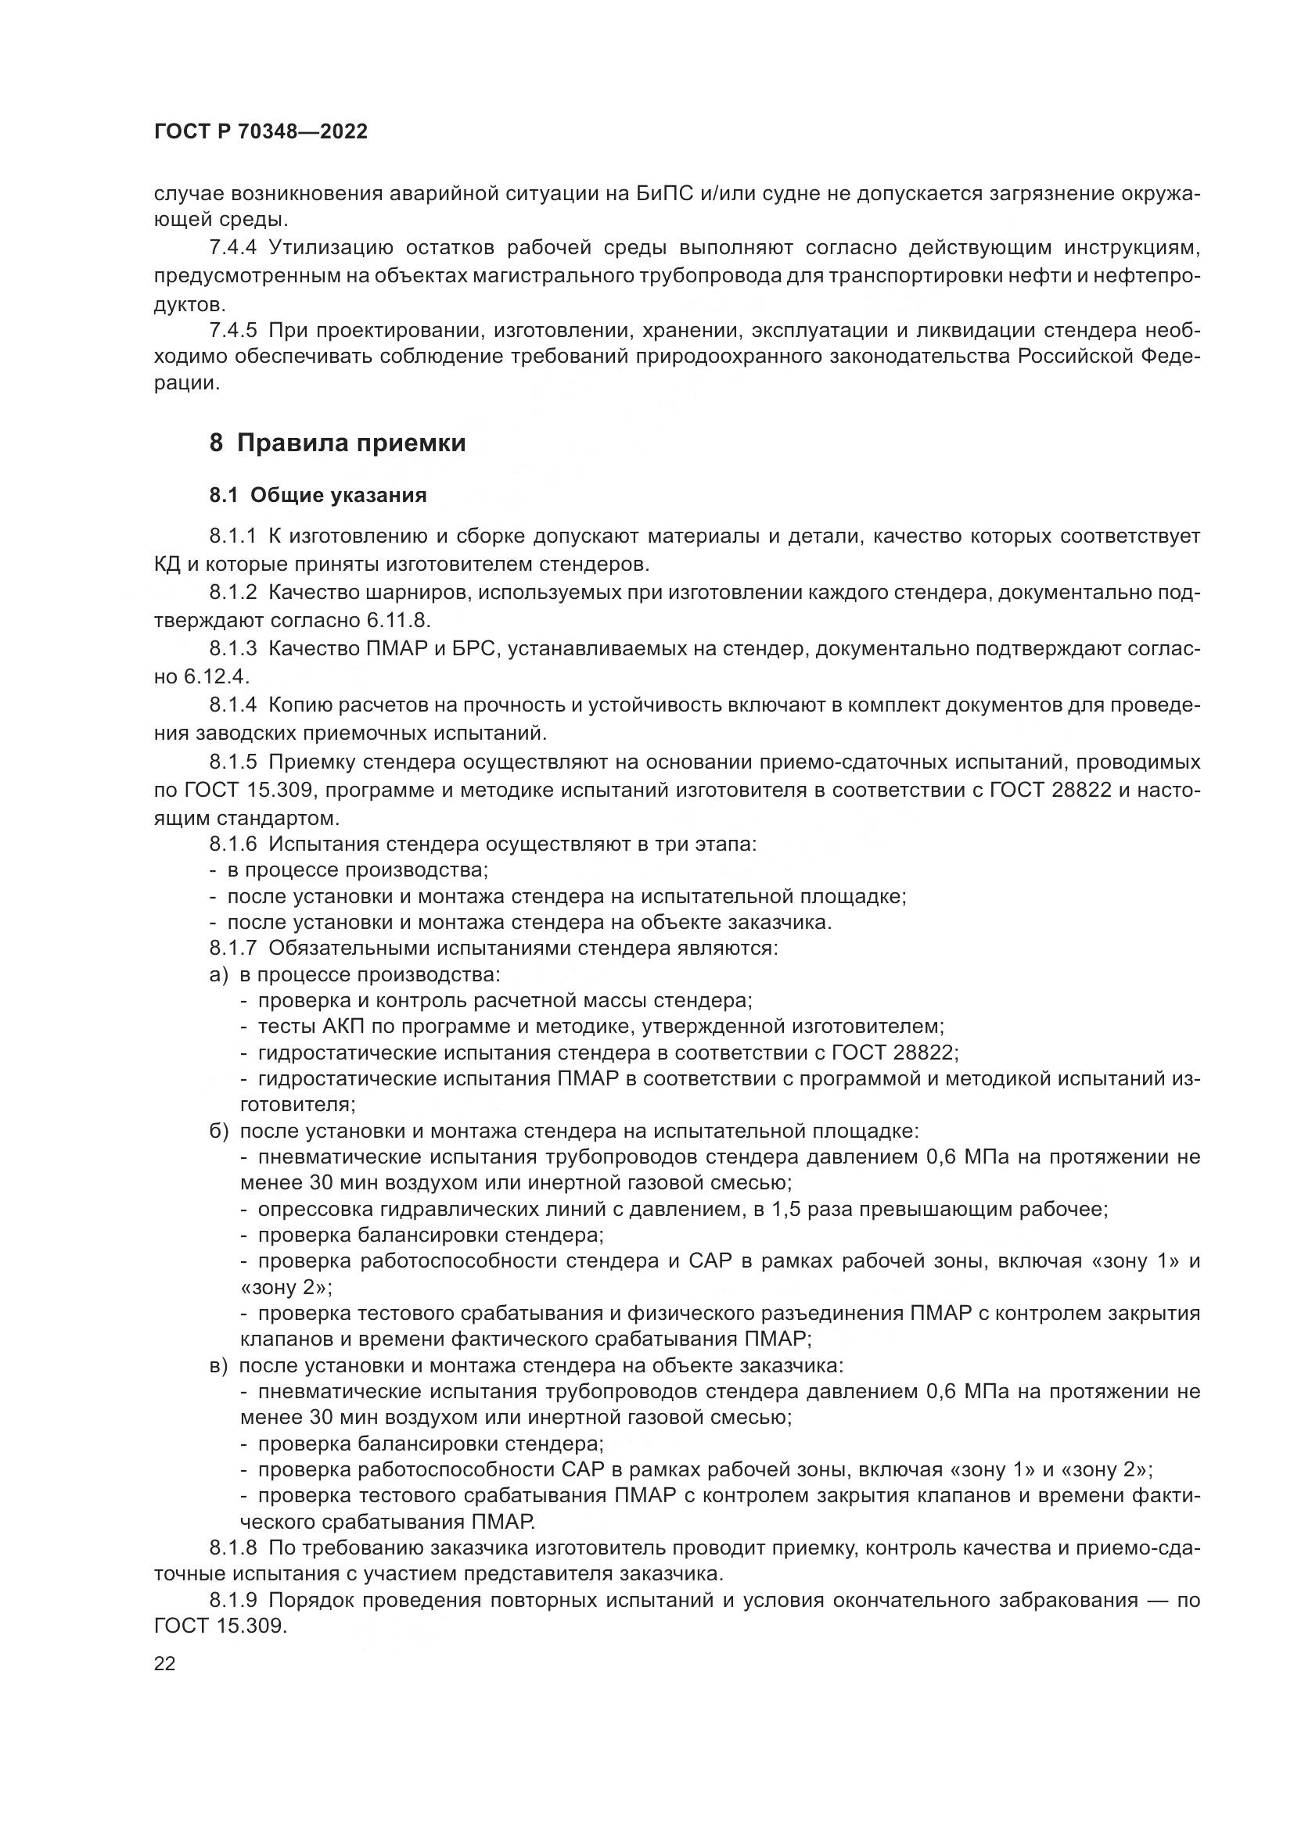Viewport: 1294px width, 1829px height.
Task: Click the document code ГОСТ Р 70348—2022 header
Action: click(x=261, y=132)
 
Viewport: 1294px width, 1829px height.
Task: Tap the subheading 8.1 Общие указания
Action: click(x=318, y=496)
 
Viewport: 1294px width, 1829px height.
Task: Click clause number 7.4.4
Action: click(x=232, y=248)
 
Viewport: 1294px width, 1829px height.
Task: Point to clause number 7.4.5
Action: click(x=232, y=330)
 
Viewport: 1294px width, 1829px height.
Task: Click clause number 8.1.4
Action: click(x=232, y=705)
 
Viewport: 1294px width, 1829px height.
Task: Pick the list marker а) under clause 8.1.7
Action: click(x=219, y=975)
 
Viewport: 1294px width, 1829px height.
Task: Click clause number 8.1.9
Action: click(x=232, y=1601)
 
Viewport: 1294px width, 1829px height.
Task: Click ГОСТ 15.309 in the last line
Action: click(x=219, y=1626)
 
